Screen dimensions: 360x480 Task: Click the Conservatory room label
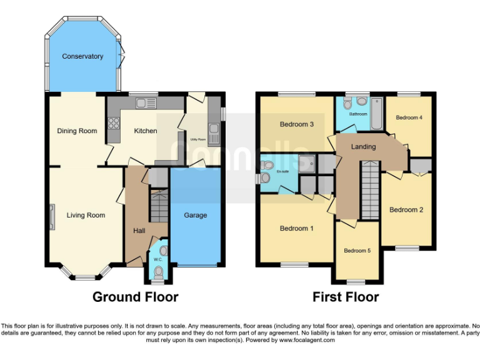click(82, 57)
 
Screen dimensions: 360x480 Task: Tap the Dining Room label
click(77, 131)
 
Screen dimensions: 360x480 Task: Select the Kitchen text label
click(146, 131)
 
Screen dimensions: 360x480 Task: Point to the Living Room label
click(86, 216)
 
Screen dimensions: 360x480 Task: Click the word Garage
click(195, 216)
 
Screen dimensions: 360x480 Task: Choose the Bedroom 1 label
click(297, 229)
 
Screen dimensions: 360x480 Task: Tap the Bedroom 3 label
click(296, 124)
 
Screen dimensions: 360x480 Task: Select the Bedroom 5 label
click(357, 251)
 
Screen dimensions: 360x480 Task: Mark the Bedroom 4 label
click(409, 117)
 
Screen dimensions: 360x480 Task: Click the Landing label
click(363, 147)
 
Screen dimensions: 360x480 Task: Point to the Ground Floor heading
click(135, 297)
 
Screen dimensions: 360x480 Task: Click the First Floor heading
click(346, 297)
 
